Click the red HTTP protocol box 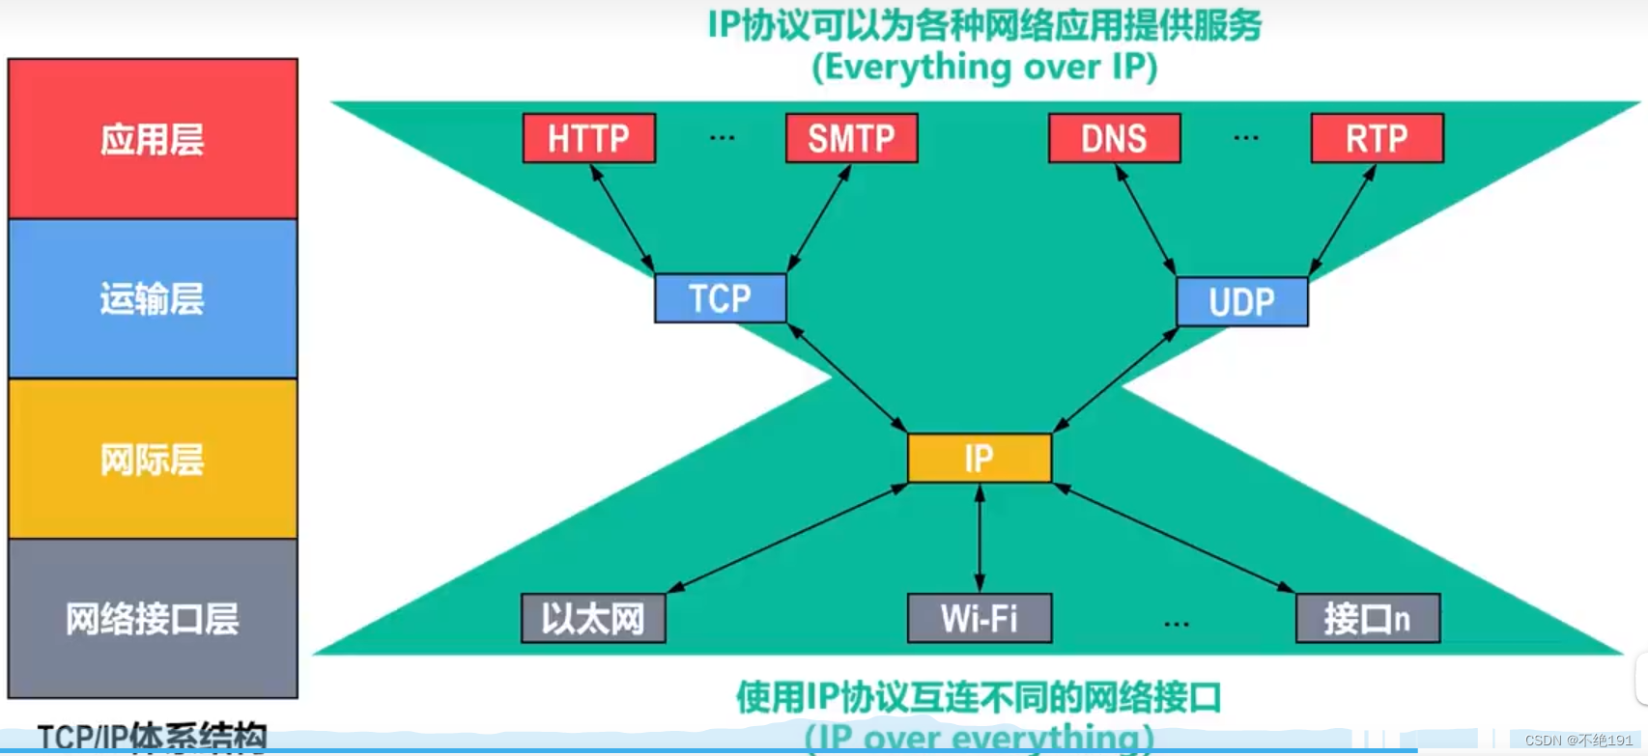589,138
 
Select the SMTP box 851,138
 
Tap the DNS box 1114,138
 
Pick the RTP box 1377,138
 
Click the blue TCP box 720,298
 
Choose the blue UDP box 1241,302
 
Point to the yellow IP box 979,458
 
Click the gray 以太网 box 593,618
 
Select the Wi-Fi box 980,618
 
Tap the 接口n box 1367,618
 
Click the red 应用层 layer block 153,139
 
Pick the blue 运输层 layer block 153,299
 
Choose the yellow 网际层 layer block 153,460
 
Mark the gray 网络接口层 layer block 153,619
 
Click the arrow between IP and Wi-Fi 980,538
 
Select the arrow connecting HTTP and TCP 622,218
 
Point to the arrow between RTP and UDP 1343,220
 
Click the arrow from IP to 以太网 787,538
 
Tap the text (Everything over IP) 984,68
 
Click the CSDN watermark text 1577,741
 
